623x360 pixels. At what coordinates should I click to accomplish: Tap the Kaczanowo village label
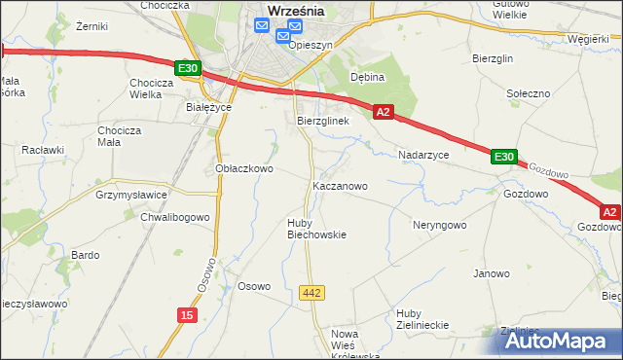coord(339,185)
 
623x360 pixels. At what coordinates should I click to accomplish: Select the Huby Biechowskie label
coord(316,228)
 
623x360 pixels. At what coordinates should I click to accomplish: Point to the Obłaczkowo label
coord(243,168)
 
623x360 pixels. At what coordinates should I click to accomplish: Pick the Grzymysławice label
coord(132,194)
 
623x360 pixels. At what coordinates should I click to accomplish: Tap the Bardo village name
coord(85,255)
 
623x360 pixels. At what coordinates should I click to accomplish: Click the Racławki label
coord(43,150)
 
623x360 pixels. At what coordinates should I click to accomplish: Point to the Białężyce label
coord(207,108)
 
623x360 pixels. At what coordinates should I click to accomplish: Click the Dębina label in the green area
coord(369,77)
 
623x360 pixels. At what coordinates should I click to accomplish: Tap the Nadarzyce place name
coord(423,155)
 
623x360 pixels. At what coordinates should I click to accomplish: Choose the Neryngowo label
coord(440,224)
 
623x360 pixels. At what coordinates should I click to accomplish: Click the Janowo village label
coord(492,273)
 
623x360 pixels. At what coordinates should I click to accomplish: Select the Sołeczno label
coord(530,93)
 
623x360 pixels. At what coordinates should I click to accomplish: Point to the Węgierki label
coord(588,39)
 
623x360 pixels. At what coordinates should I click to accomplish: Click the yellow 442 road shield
coord(311,293)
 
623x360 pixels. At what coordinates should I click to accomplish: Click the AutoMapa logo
coord(560,340)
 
